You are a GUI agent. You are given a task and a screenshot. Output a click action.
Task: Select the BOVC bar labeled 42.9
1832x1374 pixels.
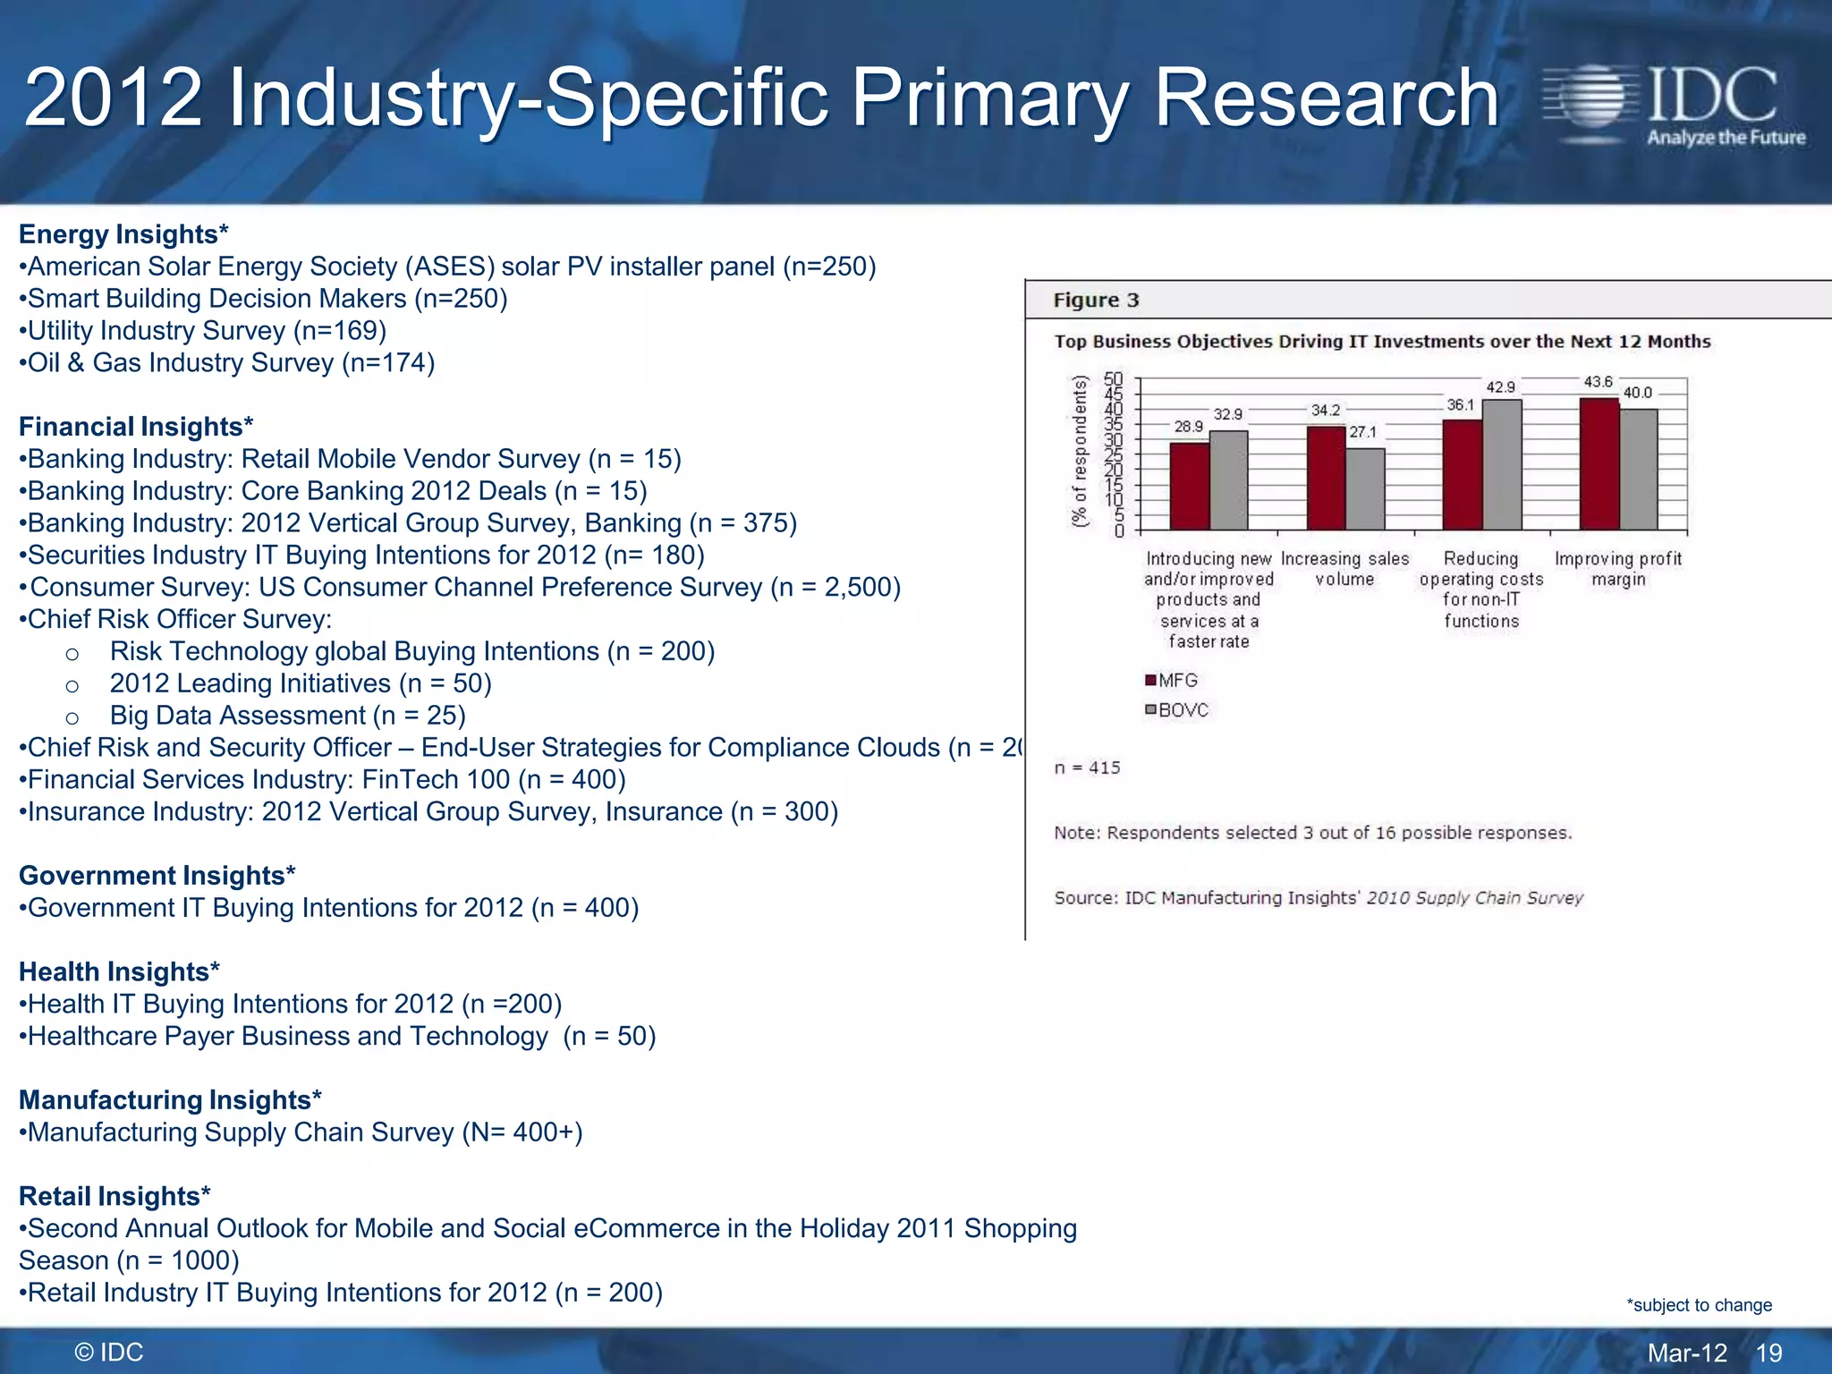[x=1502, y=464]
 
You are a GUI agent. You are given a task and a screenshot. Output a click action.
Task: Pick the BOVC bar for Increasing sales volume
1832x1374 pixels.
[x=1365, y=488]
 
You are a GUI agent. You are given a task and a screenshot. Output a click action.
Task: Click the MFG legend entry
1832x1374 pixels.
[x=1171, y=681]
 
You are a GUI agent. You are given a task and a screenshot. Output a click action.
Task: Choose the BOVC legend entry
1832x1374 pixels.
[x=1176, y=710]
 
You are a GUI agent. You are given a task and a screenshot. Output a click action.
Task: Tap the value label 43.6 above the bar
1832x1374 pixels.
[x=1598, y=382]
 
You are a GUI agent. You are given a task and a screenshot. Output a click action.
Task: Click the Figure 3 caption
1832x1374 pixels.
[x=1096, y=301]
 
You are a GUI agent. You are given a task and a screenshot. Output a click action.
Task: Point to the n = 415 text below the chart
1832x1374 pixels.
[x=1087, y=768]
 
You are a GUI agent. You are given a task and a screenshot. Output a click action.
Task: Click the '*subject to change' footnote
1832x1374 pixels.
[x=1699, y=1305]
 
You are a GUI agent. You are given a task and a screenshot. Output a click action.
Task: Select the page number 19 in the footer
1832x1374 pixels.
[x=1768, y=1353]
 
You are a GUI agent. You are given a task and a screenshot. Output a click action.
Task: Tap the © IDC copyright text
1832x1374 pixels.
[x=109, y=1353]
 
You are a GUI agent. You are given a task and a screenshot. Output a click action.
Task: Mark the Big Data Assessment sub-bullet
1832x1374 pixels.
[x=287, y=716]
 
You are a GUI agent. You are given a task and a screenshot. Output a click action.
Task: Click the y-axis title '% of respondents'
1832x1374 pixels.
[x=1081, y=452]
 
